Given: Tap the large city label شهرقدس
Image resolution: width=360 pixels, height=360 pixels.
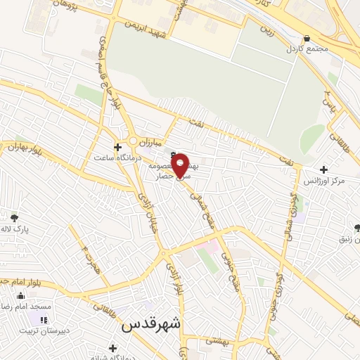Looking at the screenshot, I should coord(151,324).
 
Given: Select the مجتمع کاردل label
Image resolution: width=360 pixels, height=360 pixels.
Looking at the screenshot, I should coord(307,50).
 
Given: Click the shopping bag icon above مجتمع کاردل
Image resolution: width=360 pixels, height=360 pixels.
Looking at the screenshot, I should coord(307,39).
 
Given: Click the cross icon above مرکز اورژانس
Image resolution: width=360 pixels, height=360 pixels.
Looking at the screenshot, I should coord(323,169).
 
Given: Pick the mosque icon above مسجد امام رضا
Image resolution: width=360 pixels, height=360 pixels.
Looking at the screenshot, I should coord(20,296).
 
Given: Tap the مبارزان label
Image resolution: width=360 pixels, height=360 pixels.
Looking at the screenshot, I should coord(150,141).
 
